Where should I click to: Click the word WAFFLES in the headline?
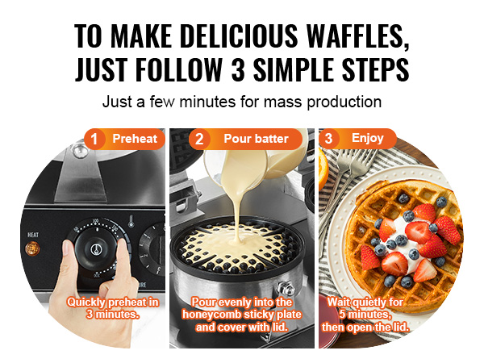pyautogui.click(x=358, y=35)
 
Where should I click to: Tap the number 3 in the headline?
pyautogui.click(x=238, y=69)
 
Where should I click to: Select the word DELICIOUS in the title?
pyautogui.click(x=239, y=35)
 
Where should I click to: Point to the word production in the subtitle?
pyautogui.click(x=344, y=102)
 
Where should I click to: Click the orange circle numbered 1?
pyautogui.click(x=94, y=139)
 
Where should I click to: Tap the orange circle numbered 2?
pyautogui.click(x=199, y=139)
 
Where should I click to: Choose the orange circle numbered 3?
pyautogui.click(x=329, y=138)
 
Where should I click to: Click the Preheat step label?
pyautogui.click(x=135, y=139)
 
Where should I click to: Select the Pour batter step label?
pyautogui.click(x=256, y=139)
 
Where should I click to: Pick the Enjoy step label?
pyautogui.click(x=367, y=138)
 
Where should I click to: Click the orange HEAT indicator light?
pyautogui.click(x=32, y=248)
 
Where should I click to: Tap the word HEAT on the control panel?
pyautogui.click(x=33, y=235)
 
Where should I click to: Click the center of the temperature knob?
pyautogui.click(x=96, y=248)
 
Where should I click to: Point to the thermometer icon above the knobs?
pyautogui.click(x=131, y=221)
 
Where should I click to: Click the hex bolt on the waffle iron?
pyautogui.click(x=286, y=289)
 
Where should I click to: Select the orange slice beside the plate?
pyautogui.click(x=323, y=169)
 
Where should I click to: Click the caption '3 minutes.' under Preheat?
pyautogui.click(x=113, y=315)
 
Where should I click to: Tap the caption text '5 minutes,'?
pyautogui.click(x=365, y=315)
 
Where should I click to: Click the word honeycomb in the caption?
pyautogui.click(x=211, y=315)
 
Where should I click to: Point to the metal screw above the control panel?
pyautogui.click(x=80, y=151)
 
